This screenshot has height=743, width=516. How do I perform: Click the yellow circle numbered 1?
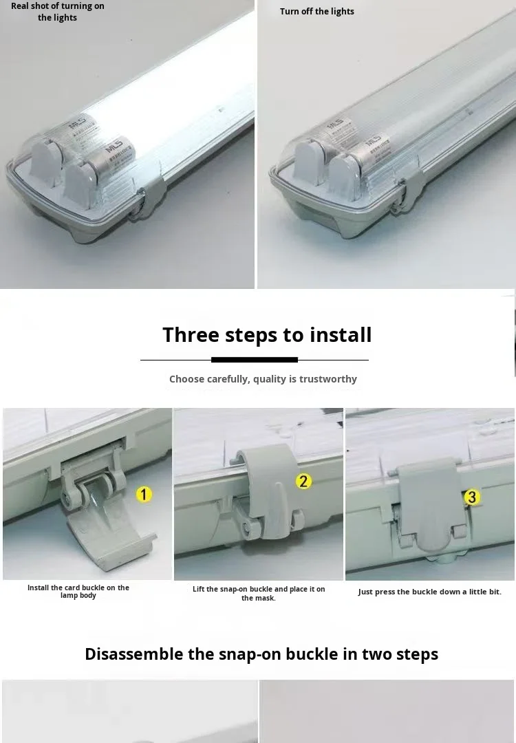click(x=144, y=495)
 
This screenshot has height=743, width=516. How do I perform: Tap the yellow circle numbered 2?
click(x=303, y=482)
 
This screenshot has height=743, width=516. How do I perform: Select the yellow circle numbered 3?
click(x=471, y=497)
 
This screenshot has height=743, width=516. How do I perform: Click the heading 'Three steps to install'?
click(x=267, y=334)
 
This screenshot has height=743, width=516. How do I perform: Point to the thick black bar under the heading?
click(x=255, y=360)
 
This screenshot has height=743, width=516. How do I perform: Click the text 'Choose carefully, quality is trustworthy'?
click(x=263, y=379)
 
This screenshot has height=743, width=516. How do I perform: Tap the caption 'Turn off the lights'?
click(x=317, y=12)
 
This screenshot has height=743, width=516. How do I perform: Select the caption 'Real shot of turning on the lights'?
click(x=57, y=12)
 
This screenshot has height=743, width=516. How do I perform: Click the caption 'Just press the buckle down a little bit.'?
click(x=430, y=592)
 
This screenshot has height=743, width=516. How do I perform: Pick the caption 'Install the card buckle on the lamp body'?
click(x=78, y=592)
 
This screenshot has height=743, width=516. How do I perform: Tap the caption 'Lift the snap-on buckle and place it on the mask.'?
click(x=259, y=593)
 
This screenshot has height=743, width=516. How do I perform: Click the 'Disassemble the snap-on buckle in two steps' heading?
click(x=261, y=654)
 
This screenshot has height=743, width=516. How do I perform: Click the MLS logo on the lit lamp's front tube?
click(x=114, y=145)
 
